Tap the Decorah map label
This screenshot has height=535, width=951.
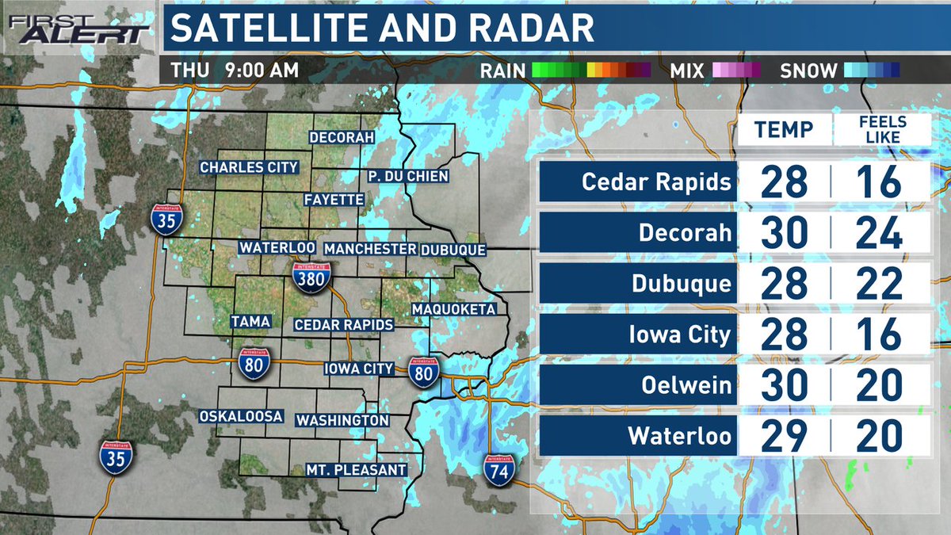[341, 137]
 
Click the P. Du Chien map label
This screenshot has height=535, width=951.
[408, 176]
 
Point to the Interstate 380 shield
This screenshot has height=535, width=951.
[311, 277]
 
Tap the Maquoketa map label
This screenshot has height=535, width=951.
[453, 308]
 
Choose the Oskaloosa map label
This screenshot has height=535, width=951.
[241, 416]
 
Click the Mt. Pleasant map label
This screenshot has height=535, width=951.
[357, 470]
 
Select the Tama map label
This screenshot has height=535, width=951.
[250, 321]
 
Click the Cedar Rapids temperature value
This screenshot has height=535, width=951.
[785, 182]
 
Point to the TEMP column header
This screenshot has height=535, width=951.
[784, 129]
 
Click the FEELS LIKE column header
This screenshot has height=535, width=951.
[882, 129]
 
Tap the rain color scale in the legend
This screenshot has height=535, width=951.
[590, 70]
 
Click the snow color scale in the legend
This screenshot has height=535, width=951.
[871, 70]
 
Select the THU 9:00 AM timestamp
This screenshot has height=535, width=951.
[235, 70]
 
